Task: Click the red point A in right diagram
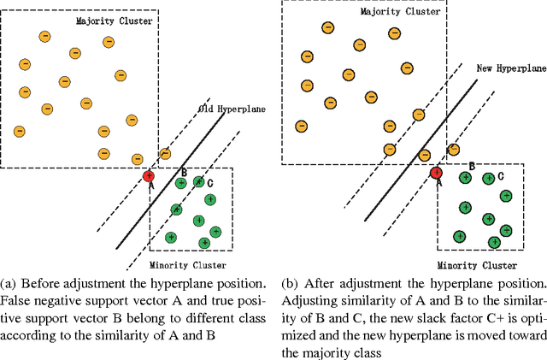(436, 173)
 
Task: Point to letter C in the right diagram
(501, 176)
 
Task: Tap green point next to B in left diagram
(180, 182)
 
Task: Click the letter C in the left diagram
(210, 184)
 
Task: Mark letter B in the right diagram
(470, 165)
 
